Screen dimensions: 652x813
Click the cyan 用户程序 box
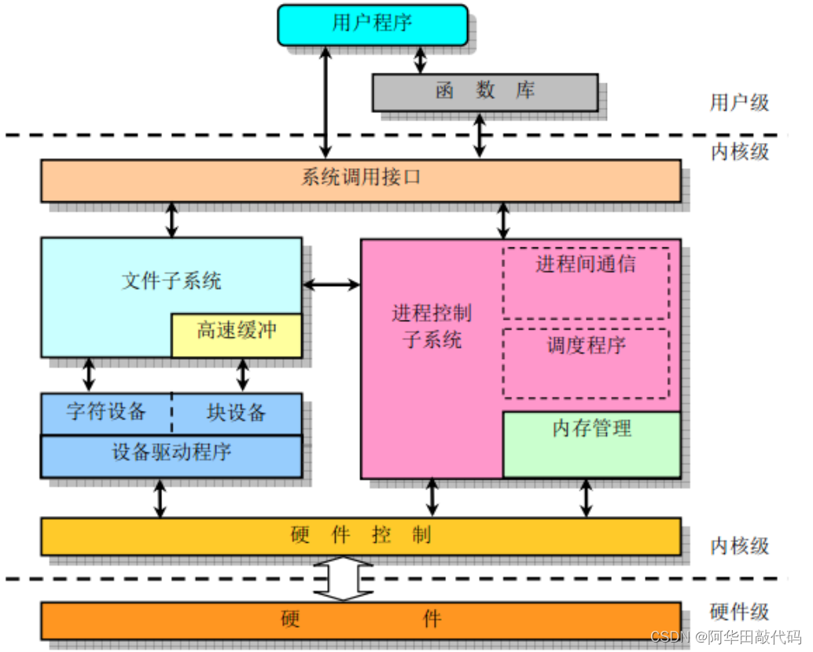372,24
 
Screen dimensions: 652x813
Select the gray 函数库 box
484,92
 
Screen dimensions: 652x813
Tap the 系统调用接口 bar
360,180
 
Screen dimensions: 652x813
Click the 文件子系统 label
171,280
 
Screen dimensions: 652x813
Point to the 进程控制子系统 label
432,327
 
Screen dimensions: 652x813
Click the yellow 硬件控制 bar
360,537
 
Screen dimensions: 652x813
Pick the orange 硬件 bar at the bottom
360,620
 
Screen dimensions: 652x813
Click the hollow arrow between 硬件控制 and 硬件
342,579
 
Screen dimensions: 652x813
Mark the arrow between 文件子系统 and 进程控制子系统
331,284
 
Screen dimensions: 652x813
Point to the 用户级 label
739,102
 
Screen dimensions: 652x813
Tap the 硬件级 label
739,612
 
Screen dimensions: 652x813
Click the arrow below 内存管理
586,498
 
